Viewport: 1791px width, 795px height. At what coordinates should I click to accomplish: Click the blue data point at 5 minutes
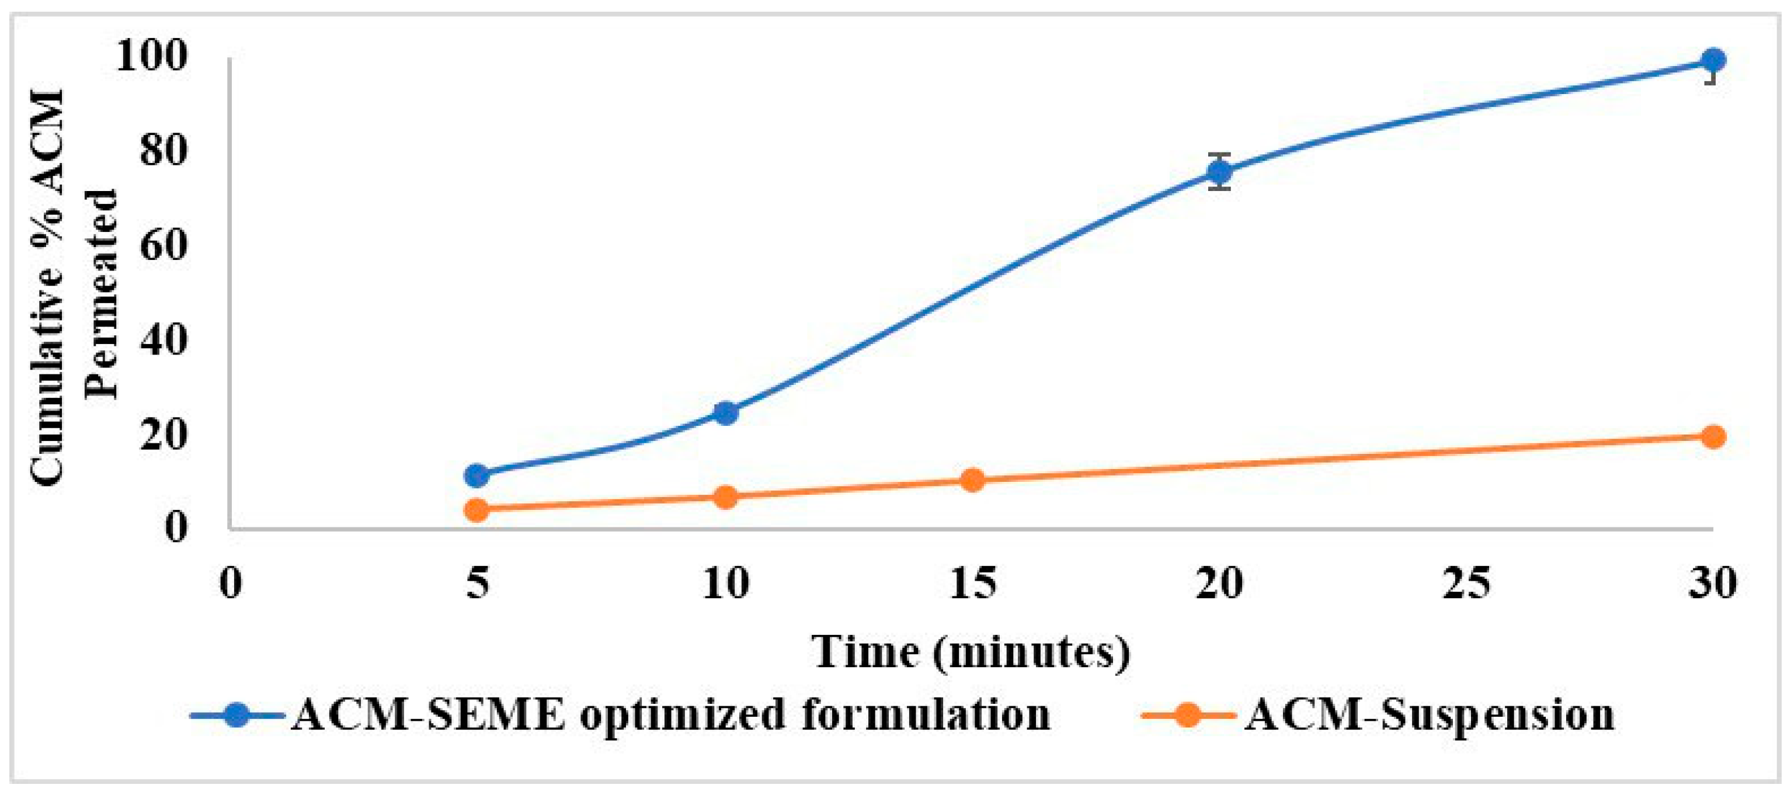pos(477,475)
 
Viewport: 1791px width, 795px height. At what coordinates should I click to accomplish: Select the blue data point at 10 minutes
pos(725,413)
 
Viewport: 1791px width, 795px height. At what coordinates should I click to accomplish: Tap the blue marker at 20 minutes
pos(1219,171)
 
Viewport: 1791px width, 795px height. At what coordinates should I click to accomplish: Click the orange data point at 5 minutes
pos(477,511)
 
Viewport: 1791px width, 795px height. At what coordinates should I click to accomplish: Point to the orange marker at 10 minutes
pos(725,497)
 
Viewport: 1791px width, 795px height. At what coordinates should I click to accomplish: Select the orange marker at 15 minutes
pos(973,480)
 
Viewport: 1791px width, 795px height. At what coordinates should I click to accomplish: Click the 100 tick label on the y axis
pos(152,55)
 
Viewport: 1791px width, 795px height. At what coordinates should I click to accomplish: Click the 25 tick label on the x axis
pos(1466,583)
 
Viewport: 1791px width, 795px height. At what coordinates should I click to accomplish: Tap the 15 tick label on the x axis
pos(973,583)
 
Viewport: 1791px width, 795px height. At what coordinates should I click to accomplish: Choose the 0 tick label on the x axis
pos(230,583)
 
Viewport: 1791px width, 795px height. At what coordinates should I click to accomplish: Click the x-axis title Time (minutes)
pos(971,652)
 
